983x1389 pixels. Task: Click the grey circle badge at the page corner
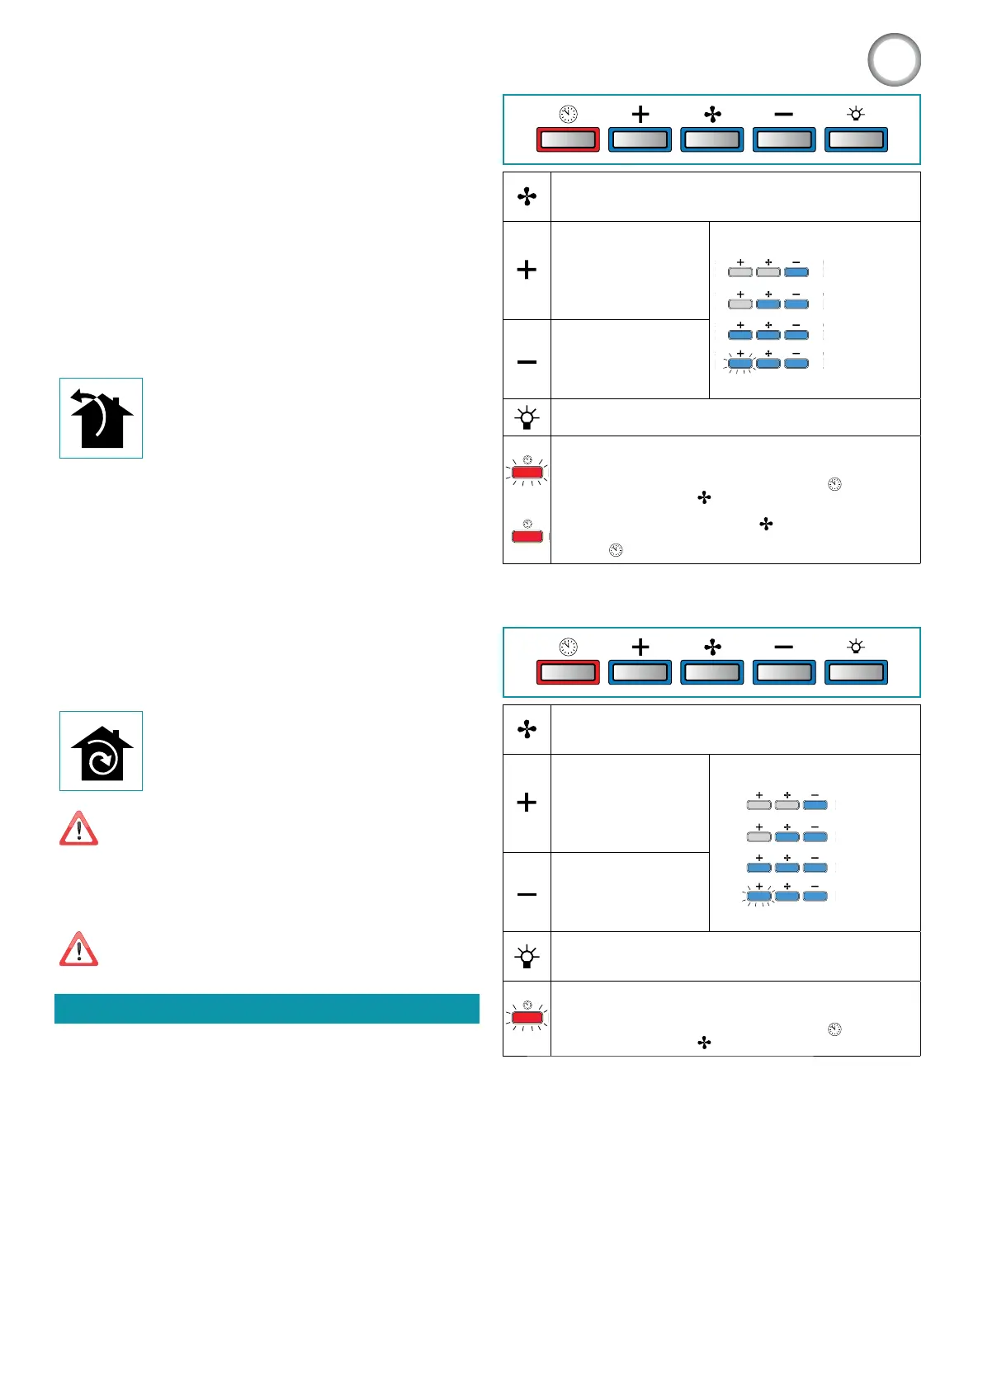coord(894,60)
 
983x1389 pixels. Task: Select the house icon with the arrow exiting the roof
coord(101,418)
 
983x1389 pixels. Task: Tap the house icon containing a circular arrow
coord(101,751)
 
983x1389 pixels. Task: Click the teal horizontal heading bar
coord(267,1009)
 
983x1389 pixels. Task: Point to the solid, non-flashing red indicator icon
coord(527,535)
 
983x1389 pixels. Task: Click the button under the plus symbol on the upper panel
coord(640,139)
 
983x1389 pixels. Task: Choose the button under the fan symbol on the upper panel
coord(711,139)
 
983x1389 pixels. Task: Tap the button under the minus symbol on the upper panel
coord(784,139)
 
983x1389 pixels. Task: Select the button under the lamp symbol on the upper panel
coord(856,139)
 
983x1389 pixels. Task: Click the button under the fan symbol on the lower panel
coord(711,672)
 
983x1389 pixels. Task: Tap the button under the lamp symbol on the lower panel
coord(856,672)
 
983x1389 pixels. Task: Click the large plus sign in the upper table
coord(527,270)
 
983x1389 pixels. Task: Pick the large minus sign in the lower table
coord(527,894)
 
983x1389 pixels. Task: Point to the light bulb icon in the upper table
coord(527,418)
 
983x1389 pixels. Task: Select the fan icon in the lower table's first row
coord(527,729)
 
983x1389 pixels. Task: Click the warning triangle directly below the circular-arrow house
coord(79,829)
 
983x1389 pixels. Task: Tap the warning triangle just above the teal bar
coord(79,949)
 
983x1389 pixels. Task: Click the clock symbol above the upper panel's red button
coord(569,114)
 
